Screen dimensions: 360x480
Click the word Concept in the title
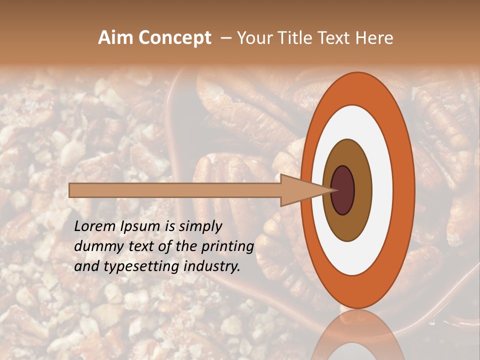click(174, 38)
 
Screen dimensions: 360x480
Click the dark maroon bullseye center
click(343, 190)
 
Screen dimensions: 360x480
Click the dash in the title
click(225, 38)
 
